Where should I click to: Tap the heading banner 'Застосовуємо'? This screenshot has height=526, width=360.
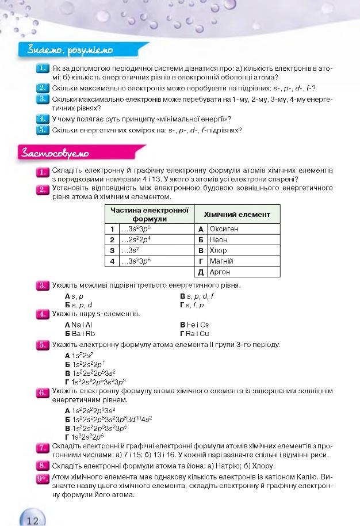click(x=55, y=153)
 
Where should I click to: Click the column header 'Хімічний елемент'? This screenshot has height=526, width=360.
click(x=237, y=214)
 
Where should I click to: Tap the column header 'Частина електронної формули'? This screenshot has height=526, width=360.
click(x=150, y=214)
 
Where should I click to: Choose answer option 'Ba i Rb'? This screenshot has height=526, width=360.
click(x=81, y=333)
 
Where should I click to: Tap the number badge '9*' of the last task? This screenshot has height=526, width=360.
click(x=42, y=478)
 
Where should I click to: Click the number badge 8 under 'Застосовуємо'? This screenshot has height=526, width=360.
click(x=42, y=466)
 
